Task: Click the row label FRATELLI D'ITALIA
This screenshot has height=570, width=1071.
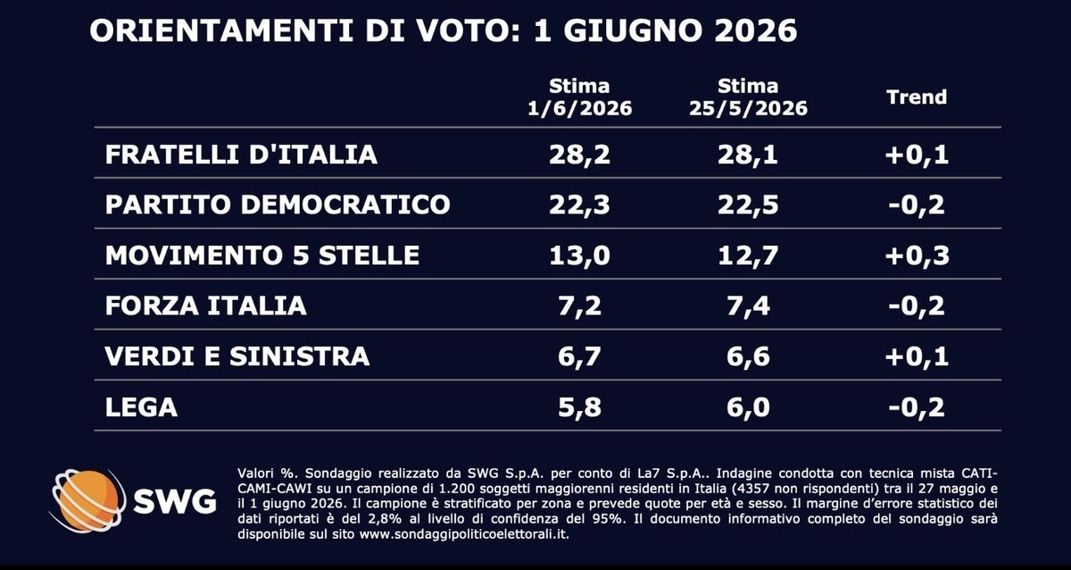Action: click(241, 155)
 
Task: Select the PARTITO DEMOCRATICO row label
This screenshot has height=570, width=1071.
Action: click(278, 205)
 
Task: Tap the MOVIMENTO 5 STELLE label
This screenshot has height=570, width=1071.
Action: click(262, 256)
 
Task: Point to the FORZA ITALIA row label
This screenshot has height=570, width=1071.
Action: click(205, 306)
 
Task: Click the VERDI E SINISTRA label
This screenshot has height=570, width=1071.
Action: click(237, 356)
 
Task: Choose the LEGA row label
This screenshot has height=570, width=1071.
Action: click(142, 407)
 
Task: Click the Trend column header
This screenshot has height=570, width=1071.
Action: click(917, 97)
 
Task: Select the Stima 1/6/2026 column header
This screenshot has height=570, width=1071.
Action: click(579, 97)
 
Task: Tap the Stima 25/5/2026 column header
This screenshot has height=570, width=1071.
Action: click(748, 97)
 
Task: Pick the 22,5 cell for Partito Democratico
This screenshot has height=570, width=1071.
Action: click(748, 205)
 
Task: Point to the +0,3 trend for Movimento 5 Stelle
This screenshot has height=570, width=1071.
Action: click(917, 256)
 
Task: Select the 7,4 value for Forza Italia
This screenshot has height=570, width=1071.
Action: click(748, 306)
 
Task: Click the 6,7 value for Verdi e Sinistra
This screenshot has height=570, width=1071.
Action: click(579, 357)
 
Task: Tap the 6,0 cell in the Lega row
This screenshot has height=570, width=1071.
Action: click(748, 407)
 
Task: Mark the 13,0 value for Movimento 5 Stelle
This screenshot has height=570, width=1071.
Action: click(579, 256)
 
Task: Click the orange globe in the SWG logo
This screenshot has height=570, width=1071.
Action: click(88, 501)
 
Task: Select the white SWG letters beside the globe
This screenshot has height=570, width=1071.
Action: click(175, 502)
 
